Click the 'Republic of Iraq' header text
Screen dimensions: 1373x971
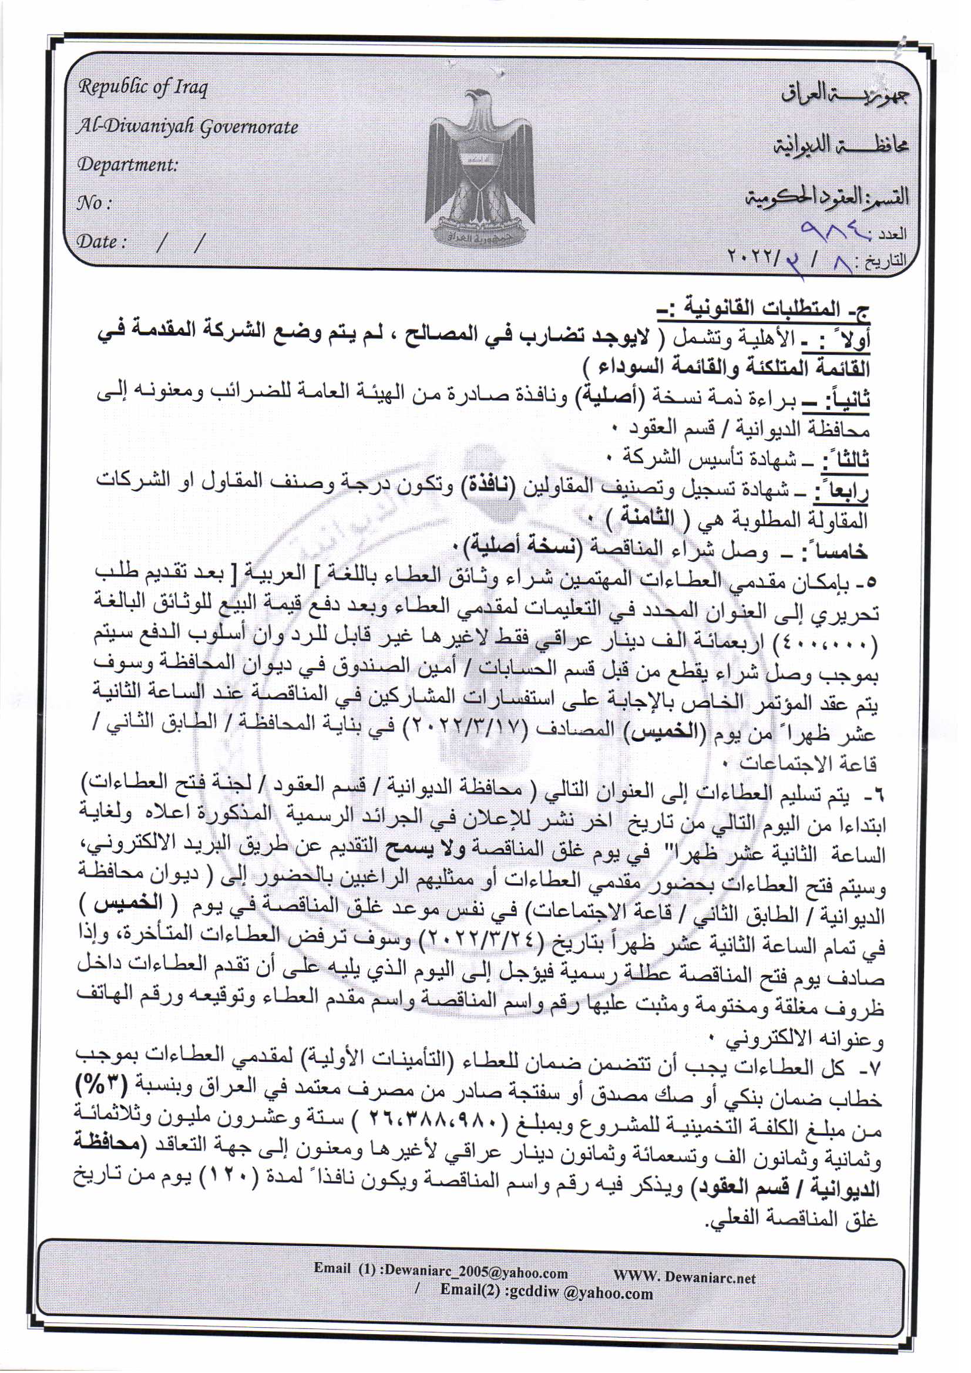click(x=143, y=88)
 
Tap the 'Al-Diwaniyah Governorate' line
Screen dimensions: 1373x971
click(x=187, y=127)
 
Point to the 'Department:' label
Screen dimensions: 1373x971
click(x=128, y=164)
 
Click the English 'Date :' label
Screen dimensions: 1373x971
click(x=102, y=241)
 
